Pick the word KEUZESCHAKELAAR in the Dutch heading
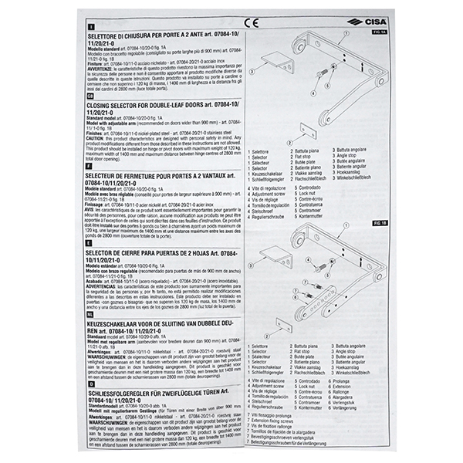point(124,323)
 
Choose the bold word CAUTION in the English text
point(99,137)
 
